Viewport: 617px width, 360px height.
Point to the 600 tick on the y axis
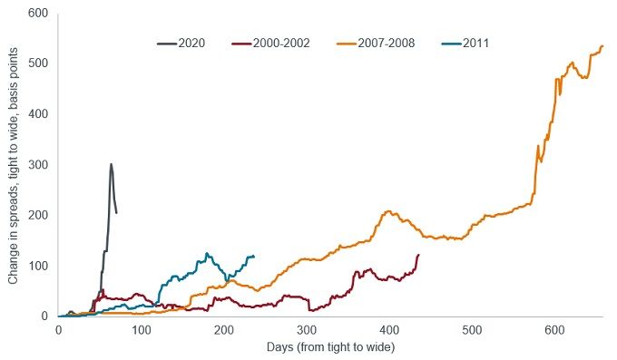39,13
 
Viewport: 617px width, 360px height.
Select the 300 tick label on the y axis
39,164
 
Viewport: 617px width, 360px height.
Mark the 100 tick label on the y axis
39,266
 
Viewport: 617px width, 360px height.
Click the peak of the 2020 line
111,164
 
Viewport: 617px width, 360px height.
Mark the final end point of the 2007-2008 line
602,46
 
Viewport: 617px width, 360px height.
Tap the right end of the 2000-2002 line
418,255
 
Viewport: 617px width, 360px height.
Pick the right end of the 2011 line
254,257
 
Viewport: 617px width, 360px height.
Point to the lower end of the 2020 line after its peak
116,213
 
